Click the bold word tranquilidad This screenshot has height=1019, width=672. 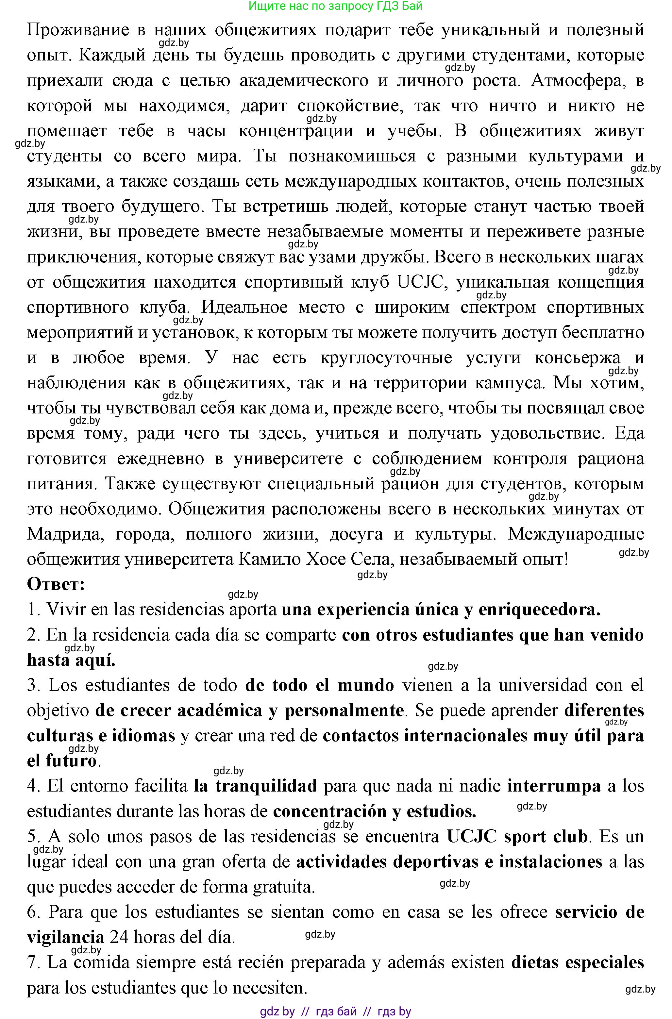255,786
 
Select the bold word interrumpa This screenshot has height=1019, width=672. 554,786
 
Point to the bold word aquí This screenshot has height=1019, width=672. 95,660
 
